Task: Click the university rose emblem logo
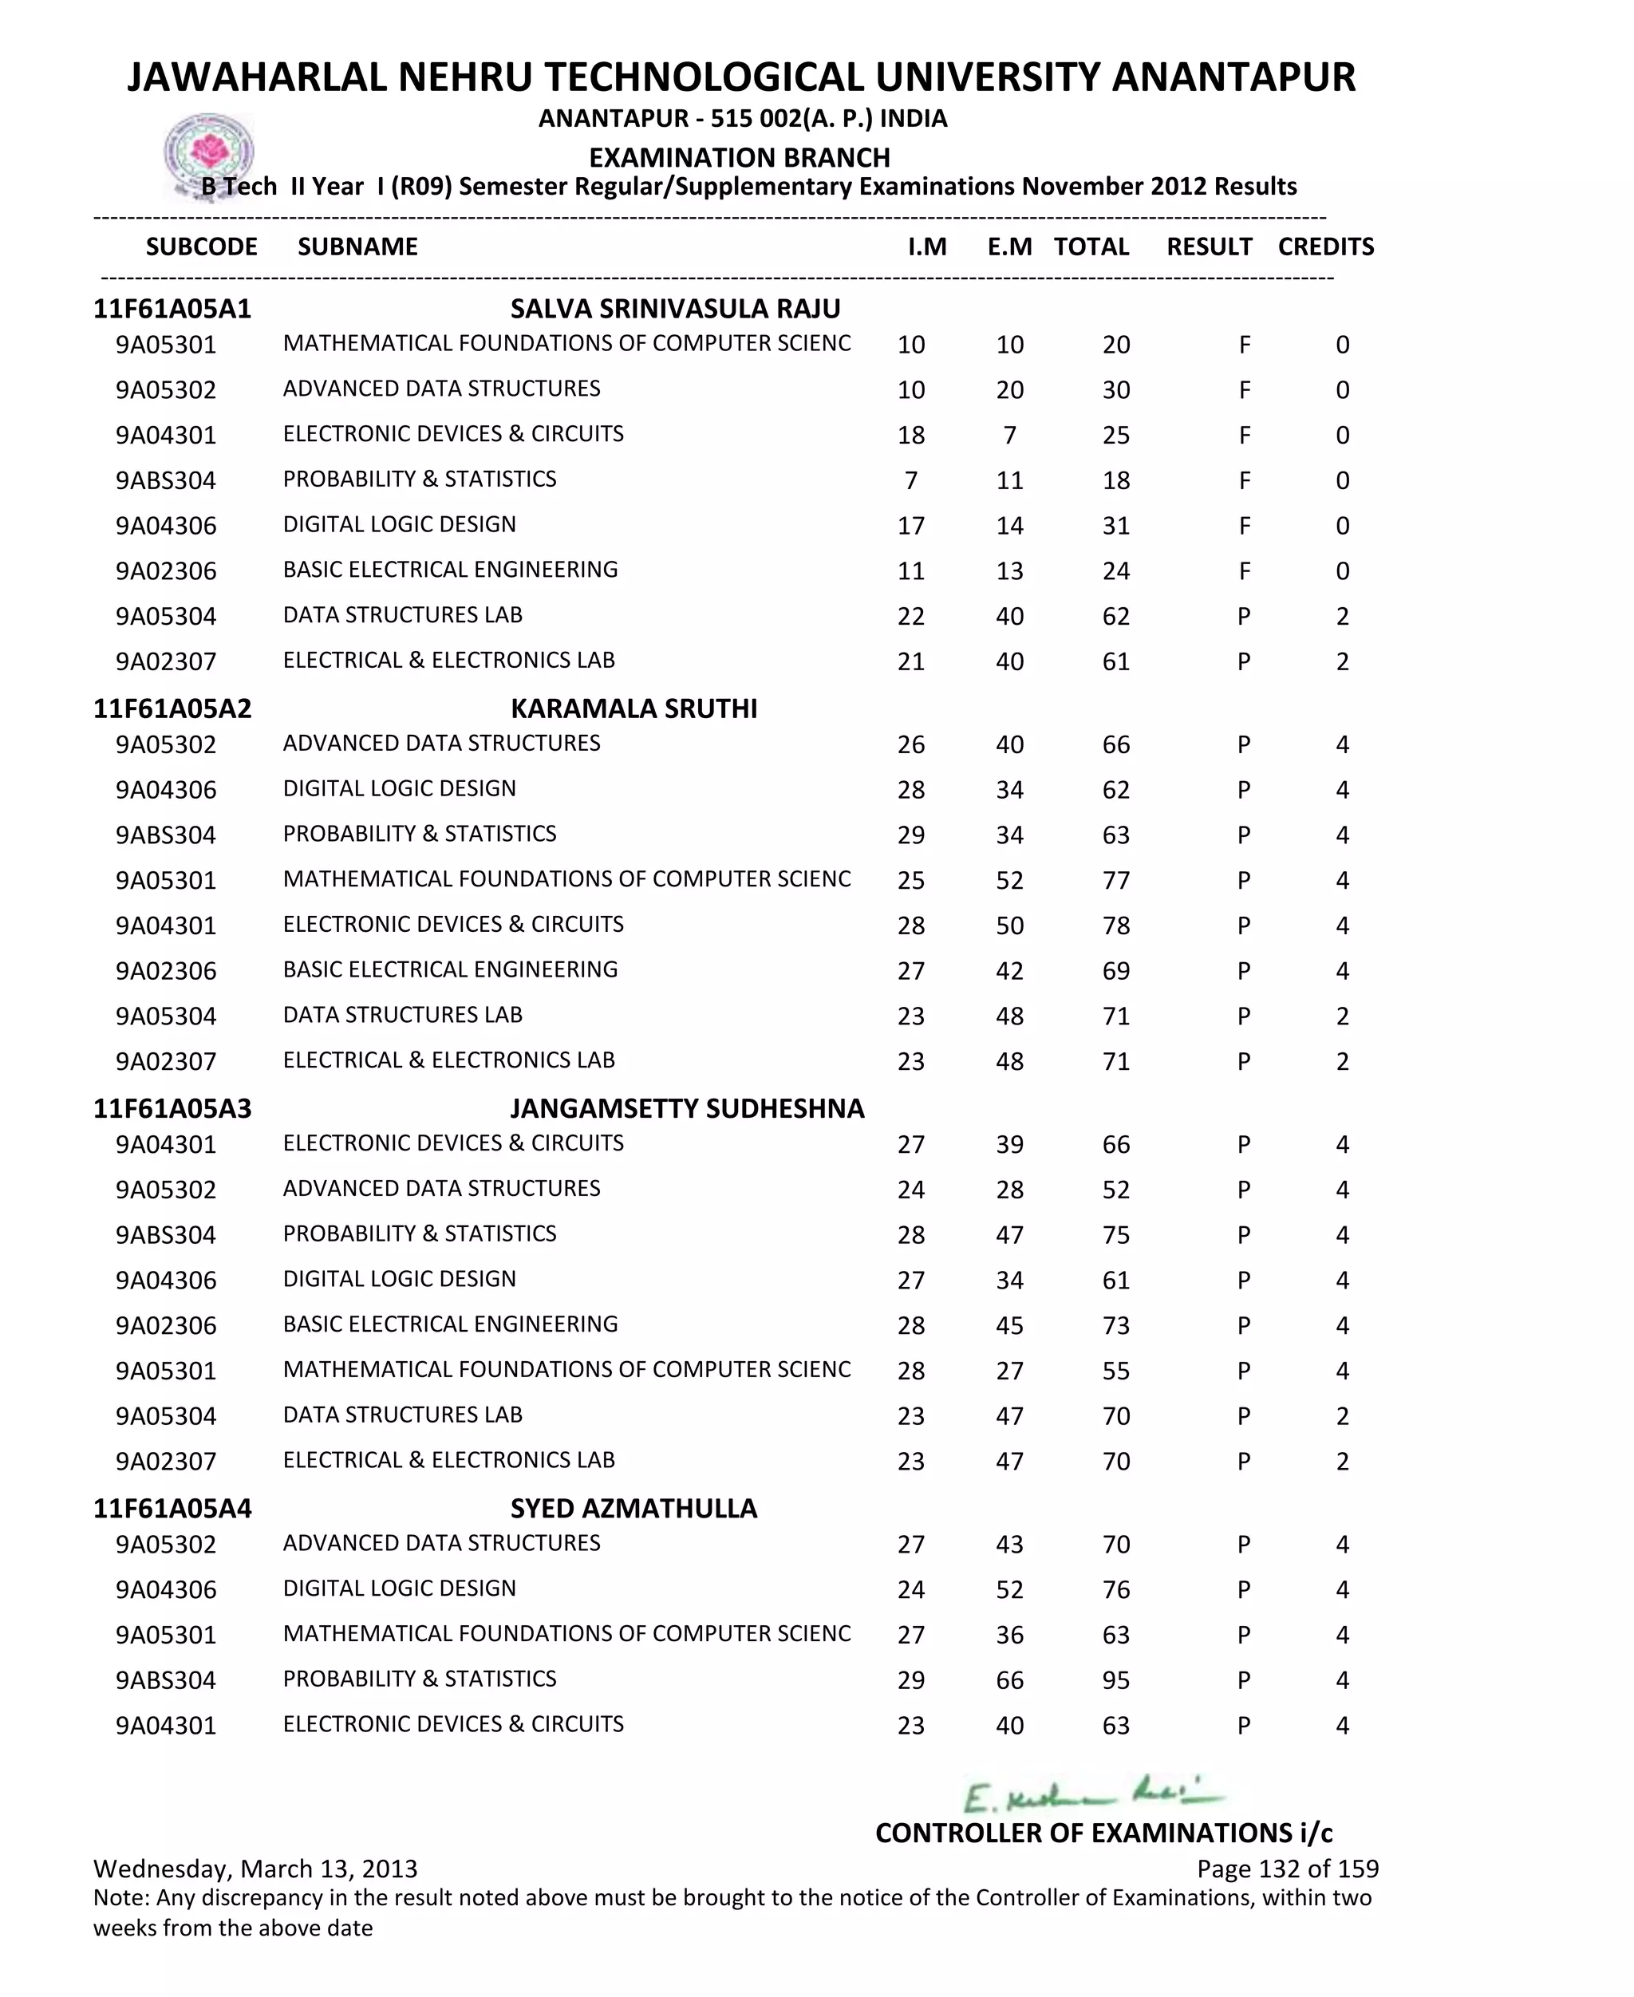[209, 153]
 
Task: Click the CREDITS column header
[1325, 247]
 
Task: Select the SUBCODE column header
[201, 247]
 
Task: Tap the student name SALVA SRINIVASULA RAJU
[675, 309]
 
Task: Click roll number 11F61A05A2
[172, 708]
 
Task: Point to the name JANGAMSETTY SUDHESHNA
[687, 1109]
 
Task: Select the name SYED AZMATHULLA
[633, 1509]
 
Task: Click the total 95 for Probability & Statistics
[1115, 1679]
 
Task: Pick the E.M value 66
[1009, 1679]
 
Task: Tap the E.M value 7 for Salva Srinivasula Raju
[1009, 435]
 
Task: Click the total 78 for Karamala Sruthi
[1115, 925]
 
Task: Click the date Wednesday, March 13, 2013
[255, 1868]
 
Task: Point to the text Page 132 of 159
[1287, 1868]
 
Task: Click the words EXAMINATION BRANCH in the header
[739, 157]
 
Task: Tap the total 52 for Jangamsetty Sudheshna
[1115, 1190]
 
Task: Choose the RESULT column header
[1209, 247]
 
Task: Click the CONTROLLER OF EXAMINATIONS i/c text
[1103, 1833]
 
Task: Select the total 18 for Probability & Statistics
[1115, 480]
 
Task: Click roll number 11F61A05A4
[172, 1509]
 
